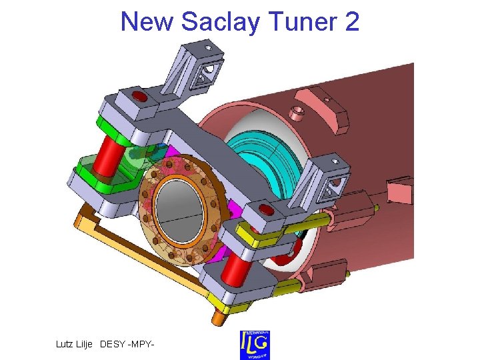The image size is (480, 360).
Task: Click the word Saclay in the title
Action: pyautogui.click(x=222, y=22)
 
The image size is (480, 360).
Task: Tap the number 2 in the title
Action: pyautogui.click(x=352, y=22)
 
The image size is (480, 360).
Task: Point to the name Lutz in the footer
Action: pyautogui.click(x=67, y=344)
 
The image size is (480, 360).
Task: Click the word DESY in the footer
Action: pyautogui.click(x=116, y=344)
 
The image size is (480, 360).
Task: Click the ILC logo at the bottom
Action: pyautogui.click(x=255, y=345)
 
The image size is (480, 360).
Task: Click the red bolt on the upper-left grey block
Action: pyautogui.click(x=140, y=98)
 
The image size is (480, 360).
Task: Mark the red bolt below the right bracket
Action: pyautogui.click(x=265, y=211)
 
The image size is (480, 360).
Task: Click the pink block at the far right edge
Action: pyautogui.click(x=399, y=191)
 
